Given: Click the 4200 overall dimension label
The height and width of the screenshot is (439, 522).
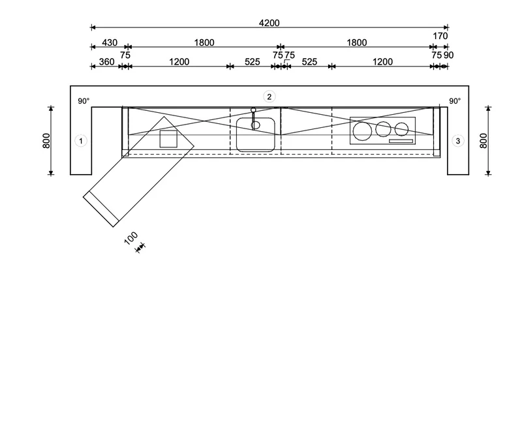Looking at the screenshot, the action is tap(269, 23).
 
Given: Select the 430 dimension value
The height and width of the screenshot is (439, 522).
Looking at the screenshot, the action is tap(110, 42).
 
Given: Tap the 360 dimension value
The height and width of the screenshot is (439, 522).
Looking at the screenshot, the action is tap(106, 62).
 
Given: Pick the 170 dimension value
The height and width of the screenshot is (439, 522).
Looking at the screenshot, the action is tap(440, 36).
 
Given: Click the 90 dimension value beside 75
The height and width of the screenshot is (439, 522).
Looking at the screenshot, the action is tap(448, 55).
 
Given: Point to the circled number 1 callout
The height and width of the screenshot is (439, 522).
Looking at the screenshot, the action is tap(81, 141).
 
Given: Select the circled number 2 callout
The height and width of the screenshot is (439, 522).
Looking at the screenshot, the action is tap(269, 97).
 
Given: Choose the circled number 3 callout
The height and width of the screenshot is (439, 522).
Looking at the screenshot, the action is tap(458, 141).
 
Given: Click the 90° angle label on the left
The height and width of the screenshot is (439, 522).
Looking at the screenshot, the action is tap(84, 101).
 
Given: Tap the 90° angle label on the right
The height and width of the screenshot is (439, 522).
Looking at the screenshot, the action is tap(455, 101).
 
